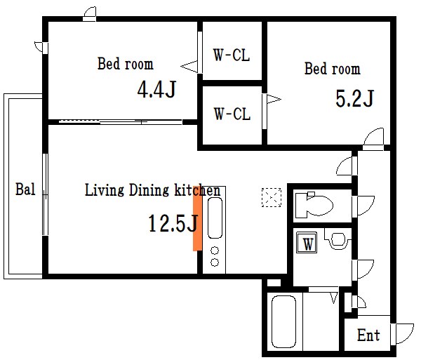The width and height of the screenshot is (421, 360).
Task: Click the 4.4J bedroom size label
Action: [x=156, y=89]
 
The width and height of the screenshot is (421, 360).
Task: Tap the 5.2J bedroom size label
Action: [x=354, y=98]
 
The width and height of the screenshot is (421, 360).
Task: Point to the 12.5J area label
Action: [x=173, y=223]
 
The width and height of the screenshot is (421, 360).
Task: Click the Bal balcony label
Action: [x=25, y=189]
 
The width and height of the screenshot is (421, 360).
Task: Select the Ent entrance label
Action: [x=368, y=335]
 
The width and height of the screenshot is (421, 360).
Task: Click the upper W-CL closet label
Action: [x=232, y=55]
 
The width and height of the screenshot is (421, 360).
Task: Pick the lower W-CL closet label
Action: [x=232, y=114]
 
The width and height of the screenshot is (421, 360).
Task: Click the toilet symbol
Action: [x=314, y=206]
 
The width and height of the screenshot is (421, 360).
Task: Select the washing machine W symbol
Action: [x=307, y=242]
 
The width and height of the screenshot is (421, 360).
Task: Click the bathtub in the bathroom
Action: [x=283, y=321]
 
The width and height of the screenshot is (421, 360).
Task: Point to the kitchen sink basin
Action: [x=215, y=218]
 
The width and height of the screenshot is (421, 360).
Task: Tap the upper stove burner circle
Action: [x=215, y=251]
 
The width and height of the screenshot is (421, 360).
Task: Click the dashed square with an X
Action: [x=272, y=198]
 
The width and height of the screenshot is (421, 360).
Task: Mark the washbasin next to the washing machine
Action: [x=338, y=239]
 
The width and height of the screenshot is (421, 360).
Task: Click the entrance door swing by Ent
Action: [x=402, y=334]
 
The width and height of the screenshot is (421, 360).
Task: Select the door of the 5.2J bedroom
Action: [x=373, y=139]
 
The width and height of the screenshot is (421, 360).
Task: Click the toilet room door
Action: [x=363, y=206]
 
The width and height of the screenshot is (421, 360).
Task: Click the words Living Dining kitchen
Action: [x=152, y=190]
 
